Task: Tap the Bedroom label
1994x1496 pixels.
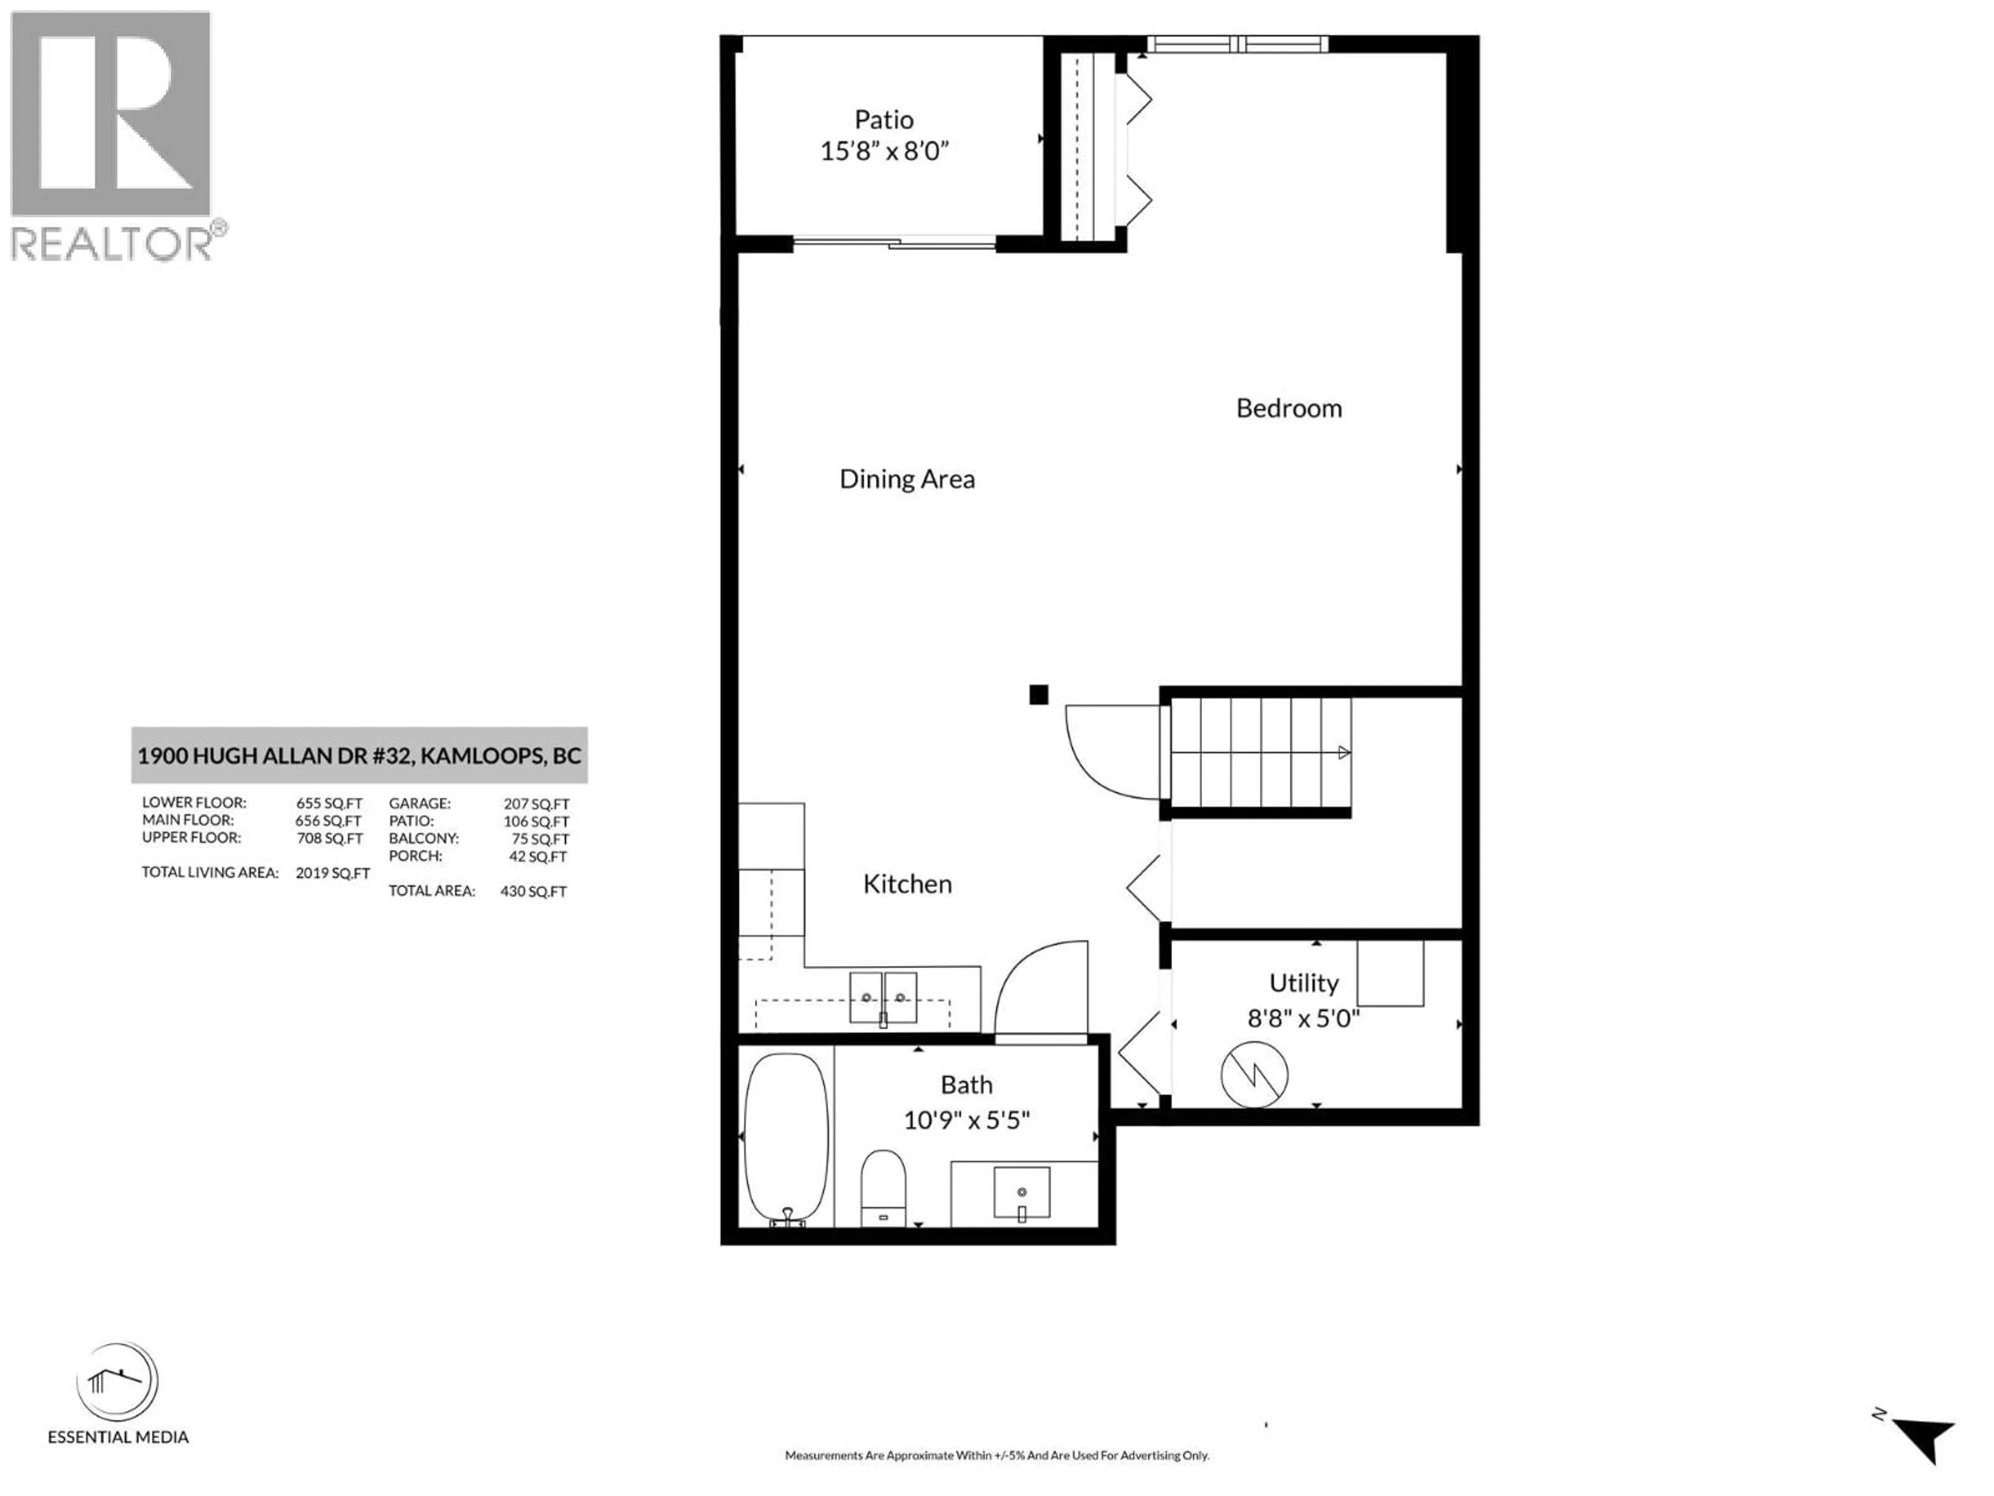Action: (x=1288, y=408)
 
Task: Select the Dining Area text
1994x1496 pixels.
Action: (x=907, y=479)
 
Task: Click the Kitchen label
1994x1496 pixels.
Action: (x=907, y=884)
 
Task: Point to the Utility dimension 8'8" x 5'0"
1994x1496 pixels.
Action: (x=1302, y=1019)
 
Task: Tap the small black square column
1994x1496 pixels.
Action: (x=1039, y=694)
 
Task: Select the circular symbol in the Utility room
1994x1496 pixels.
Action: (x=1254, y=1075)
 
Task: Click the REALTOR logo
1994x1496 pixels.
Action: (x=111, y=135)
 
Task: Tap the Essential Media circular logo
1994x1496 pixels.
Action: (x=117, y=1382)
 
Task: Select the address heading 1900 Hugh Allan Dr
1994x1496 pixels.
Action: (x=359, y=756)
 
